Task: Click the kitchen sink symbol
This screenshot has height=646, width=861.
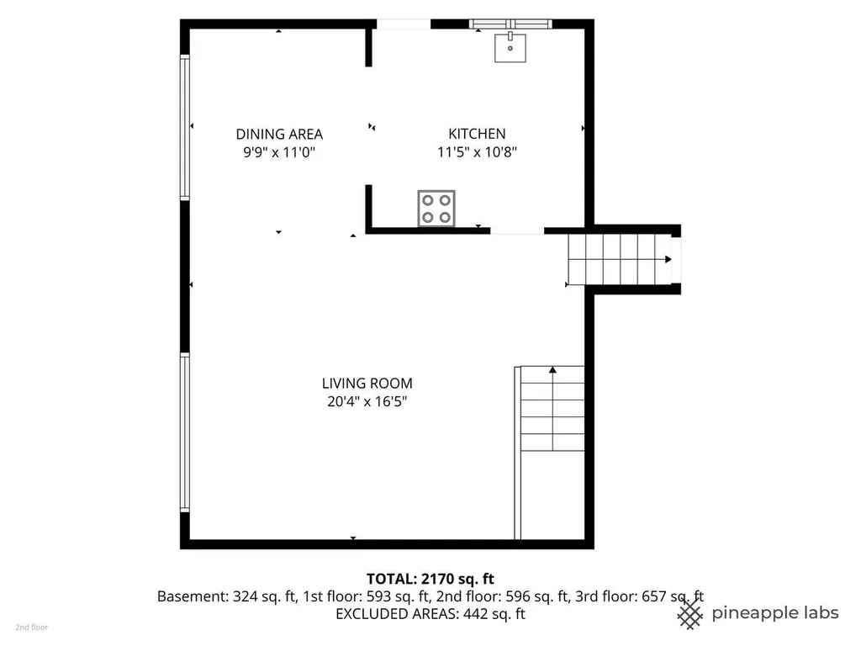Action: point(510,47)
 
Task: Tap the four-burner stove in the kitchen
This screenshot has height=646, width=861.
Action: point(436,209)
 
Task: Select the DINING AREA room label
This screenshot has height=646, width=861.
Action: point(279,134)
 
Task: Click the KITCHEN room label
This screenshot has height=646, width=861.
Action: point(477,134)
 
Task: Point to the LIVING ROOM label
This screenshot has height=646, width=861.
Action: point(367,383)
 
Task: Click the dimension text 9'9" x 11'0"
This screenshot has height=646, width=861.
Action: point(279,152)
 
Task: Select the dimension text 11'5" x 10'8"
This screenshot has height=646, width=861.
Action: point(477,151)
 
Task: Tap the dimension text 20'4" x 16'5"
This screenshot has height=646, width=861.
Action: point(367,401)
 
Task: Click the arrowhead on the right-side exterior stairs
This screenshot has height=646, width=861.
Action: point(668,259)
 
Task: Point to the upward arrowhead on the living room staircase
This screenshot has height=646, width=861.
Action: point(552,370)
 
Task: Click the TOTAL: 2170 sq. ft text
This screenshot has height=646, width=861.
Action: point(430,579)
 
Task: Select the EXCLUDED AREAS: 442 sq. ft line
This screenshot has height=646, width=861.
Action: point(430,613)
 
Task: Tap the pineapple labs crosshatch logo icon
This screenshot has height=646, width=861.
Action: point(690,613)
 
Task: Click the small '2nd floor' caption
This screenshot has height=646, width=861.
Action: point(31,627)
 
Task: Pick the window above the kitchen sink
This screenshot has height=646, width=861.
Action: point(510,24)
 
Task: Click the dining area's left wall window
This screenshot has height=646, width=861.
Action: point(185,128)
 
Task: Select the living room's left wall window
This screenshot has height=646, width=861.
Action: point(185,433)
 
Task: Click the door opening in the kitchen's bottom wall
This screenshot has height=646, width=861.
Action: point(517,231)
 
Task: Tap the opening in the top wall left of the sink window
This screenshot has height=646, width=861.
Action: point(404,24)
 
